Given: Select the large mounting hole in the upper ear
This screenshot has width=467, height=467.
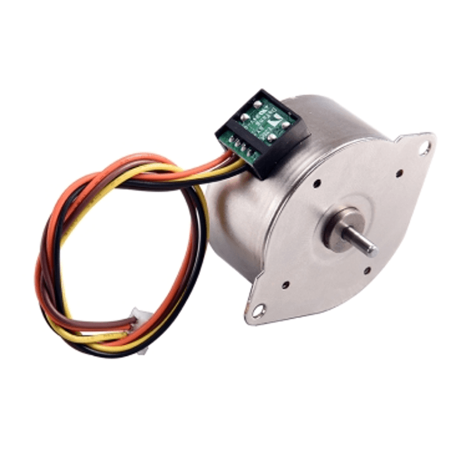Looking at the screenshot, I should (424, 148).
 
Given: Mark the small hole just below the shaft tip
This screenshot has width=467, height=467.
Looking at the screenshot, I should (367, 270).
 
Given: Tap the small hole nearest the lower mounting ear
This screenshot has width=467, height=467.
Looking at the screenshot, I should (286, 285).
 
